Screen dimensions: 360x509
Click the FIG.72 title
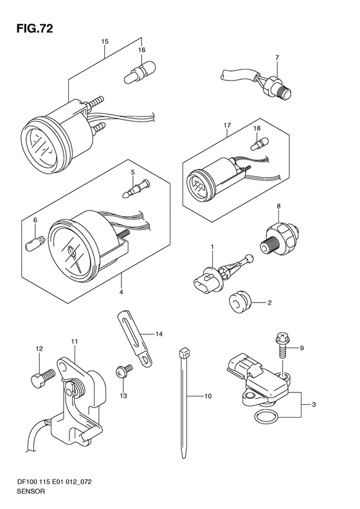[34, 28]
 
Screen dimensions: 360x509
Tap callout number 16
[141, 50]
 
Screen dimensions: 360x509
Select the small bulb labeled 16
[139, 73]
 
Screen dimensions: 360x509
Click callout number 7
[277, 58]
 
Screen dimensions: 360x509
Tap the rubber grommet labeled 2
[239, 303]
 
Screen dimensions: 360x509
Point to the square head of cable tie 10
[183, 353]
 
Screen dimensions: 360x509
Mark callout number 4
[121, 292]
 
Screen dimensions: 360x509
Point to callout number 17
[227, 125]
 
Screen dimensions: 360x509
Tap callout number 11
[75, 342]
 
